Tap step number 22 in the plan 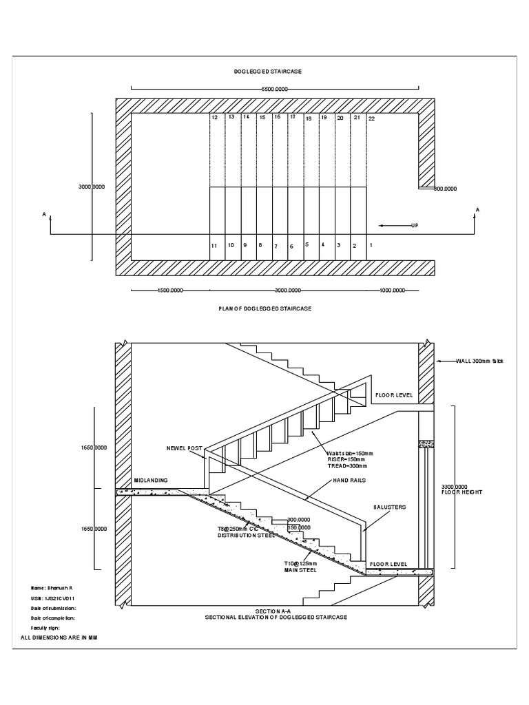(x=371, y=118)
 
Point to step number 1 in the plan (x=371, y=245)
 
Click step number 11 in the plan (x=215, y=246)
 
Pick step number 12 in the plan (x=215, y=118)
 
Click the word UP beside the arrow (x=415, y=225)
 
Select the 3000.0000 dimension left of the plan (x=92, y=187)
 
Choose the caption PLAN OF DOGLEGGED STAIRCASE (x=264, y=308)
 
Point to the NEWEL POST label (x=184, y=448)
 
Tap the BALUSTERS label (x=390, y=507)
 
